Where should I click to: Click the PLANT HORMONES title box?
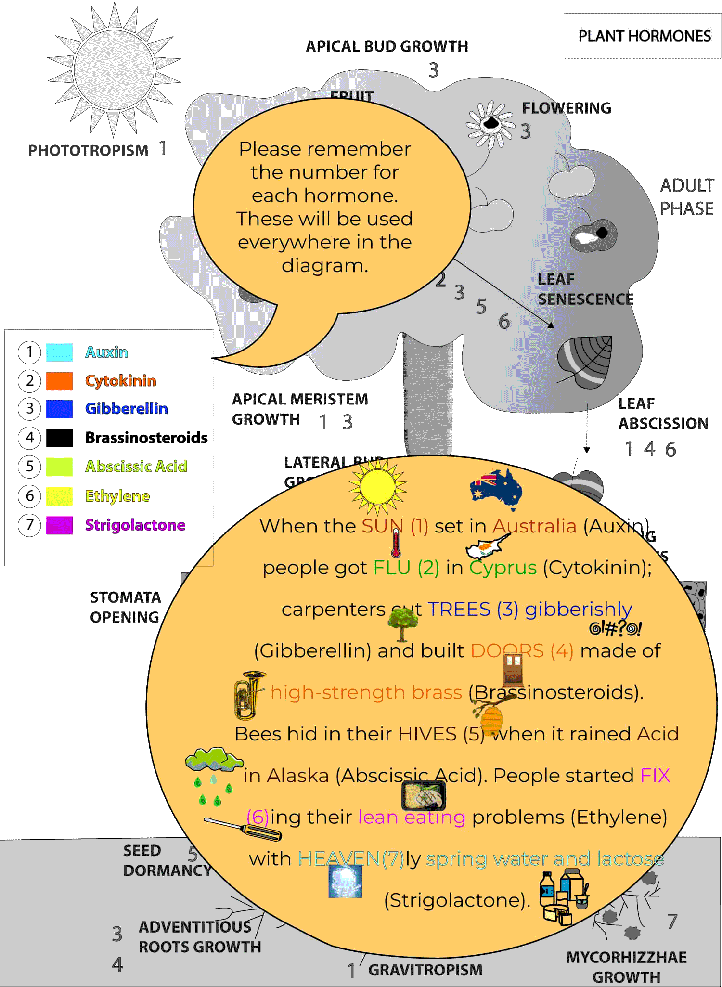[644, 36]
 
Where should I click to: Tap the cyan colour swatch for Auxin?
[60, 352]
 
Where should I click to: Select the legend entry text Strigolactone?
[135, 525]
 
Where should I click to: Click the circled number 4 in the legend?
[29, 438]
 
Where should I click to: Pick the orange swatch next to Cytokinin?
[60, 381]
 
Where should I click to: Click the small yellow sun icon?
[377, 486]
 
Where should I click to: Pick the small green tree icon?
[402, 623]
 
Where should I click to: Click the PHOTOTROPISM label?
[89, 150]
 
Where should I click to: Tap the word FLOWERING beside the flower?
[567, 108]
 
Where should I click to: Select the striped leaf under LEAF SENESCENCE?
[585, 362]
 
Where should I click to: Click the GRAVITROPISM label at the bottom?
[425, 970]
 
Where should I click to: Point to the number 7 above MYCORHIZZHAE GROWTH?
[672, 922]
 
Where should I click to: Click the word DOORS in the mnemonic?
[507, 651]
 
